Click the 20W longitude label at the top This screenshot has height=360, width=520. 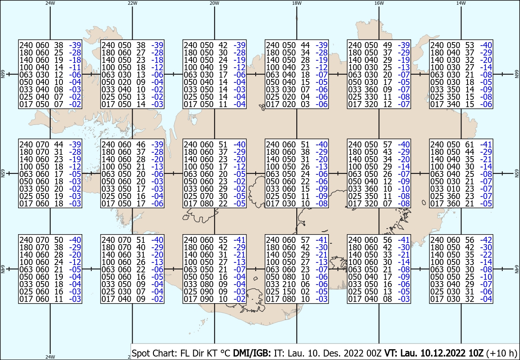(x=214, y=3)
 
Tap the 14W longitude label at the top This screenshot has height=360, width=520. (x=461, y=3)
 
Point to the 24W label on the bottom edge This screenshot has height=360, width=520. (x=50, y=357)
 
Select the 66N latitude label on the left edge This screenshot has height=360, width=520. (x=3, y=74)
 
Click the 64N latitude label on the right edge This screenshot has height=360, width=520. (x=517, y=269)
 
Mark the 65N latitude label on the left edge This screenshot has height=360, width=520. (x=3, y=173)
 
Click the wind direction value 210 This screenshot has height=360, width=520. (x=289, y=284)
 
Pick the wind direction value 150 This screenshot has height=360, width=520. (x=289, y=291)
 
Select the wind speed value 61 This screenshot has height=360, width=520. (x=469, y=144)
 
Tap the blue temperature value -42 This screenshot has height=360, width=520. (x=486, y=240)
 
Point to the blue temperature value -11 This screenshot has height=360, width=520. (x=75, y=67)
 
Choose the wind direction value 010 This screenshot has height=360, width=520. (x=453, y=189)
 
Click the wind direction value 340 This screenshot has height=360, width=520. (x=453, y=105)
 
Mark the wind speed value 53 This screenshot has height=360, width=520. (x=469, y=45)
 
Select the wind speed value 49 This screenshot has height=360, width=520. (x=387, y=45)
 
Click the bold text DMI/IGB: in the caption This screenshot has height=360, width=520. (x=252, y=353)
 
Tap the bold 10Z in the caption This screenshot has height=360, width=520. (x=475, y=353)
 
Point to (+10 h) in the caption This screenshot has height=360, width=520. (x=501, y=353)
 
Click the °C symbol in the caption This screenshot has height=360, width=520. (x=225, y=353)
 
